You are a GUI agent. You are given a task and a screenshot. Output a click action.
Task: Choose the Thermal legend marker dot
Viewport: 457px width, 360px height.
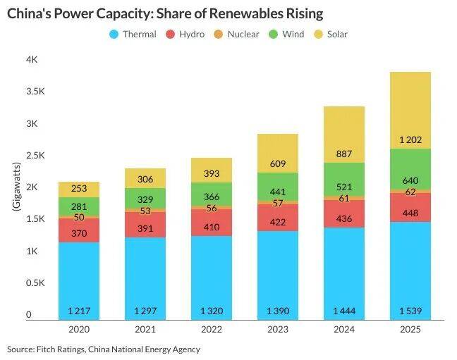114,34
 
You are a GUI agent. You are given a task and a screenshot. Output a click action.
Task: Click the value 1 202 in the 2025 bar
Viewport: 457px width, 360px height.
410,139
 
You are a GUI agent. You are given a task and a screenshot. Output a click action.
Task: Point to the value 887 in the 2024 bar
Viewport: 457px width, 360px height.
344,154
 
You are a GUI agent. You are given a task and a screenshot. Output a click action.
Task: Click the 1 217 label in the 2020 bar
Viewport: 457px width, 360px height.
78,311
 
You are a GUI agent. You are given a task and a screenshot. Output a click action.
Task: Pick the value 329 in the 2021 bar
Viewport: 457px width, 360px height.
145,199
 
